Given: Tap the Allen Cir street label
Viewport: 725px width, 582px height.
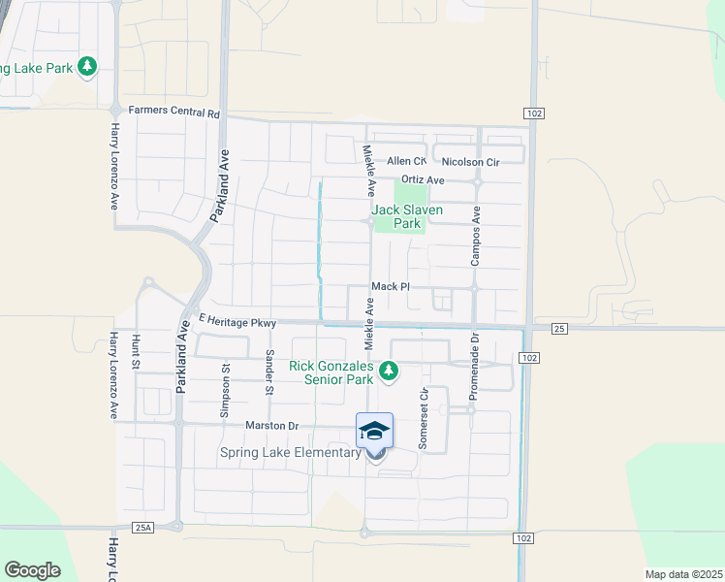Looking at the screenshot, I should (x=406, y=161).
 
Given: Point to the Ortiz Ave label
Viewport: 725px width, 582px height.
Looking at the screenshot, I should (x=422, y=180).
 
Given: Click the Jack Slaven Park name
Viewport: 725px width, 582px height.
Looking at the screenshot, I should (x=407, y=216).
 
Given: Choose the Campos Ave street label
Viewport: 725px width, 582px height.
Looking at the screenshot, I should (x=476, y=236).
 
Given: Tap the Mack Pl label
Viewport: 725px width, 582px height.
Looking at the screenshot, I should (x=392, y=287).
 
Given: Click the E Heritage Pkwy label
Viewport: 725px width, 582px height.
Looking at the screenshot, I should (x=237, y=320).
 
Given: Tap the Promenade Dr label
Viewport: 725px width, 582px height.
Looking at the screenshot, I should (x=475, y=356).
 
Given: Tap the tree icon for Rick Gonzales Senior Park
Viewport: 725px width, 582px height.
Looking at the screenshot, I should (x=389, y=370).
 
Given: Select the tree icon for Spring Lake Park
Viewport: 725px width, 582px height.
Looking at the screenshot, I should (x=87, y=66).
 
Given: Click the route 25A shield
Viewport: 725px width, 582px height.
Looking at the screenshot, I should (x=143, y=528).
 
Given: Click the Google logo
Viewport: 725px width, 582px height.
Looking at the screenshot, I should (x=33, y=570).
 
